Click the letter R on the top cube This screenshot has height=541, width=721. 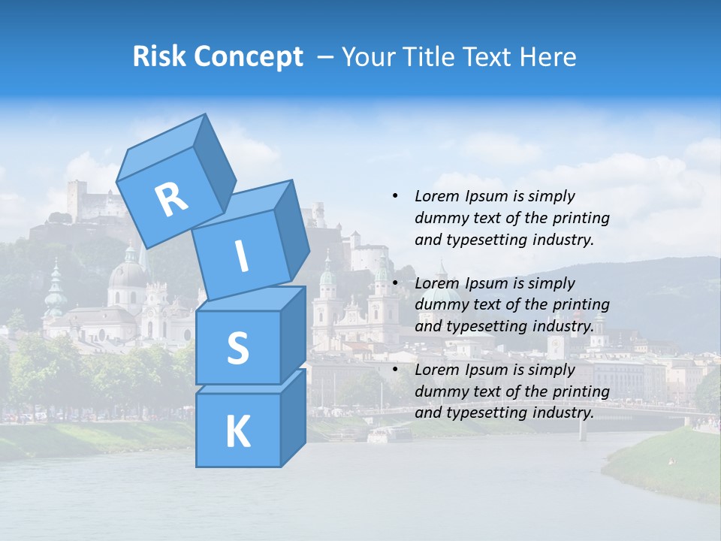(171, 199)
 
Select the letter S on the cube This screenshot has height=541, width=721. (237, 348)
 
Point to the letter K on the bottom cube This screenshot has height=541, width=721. (237, 432)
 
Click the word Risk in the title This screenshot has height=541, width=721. (159, 56)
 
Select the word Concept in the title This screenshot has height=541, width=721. (248, 57)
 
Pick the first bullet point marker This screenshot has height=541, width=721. (395, 196)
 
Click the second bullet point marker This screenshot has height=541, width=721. (395, 283)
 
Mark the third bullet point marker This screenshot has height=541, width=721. (395, 370)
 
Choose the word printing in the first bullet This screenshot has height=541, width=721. (579, 218)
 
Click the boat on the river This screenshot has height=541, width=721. (388, 434)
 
